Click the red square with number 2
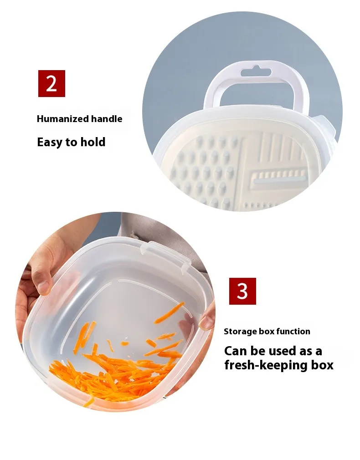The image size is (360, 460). point(51,84)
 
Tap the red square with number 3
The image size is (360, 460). point(242,291)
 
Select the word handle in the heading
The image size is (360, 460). point(107,119)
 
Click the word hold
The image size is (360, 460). point(93,142)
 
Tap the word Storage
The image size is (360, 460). point(240,332)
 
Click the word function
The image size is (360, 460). point(293,331)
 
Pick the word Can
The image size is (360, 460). point(235,351)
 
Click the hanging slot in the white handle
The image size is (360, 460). point(256,72)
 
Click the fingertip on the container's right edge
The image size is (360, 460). point(207,320)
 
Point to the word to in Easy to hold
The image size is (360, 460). point(72,142)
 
